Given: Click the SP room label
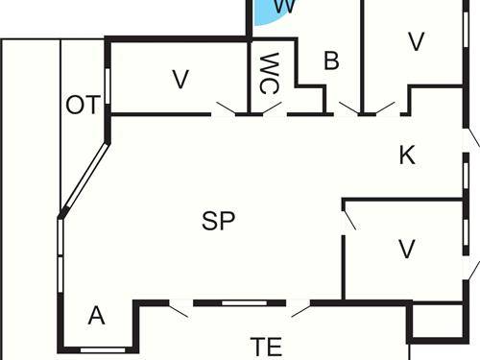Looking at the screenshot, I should click(219, 220).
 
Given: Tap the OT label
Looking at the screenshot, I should click(83, 105).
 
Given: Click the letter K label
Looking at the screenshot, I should click(406, 156).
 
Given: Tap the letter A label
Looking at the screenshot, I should click(95, 315).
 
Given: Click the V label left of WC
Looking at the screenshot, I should click(180, 80).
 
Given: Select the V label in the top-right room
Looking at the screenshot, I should click(416, 41).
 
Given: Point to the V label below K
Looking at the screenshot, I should click(407, 250).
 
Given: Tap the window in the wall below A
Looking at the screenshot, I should click(103, 349).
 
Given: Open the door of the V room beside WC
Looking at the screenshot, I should click(227, 108).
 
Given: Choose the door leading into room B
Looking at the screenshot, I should click(348, 108).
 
